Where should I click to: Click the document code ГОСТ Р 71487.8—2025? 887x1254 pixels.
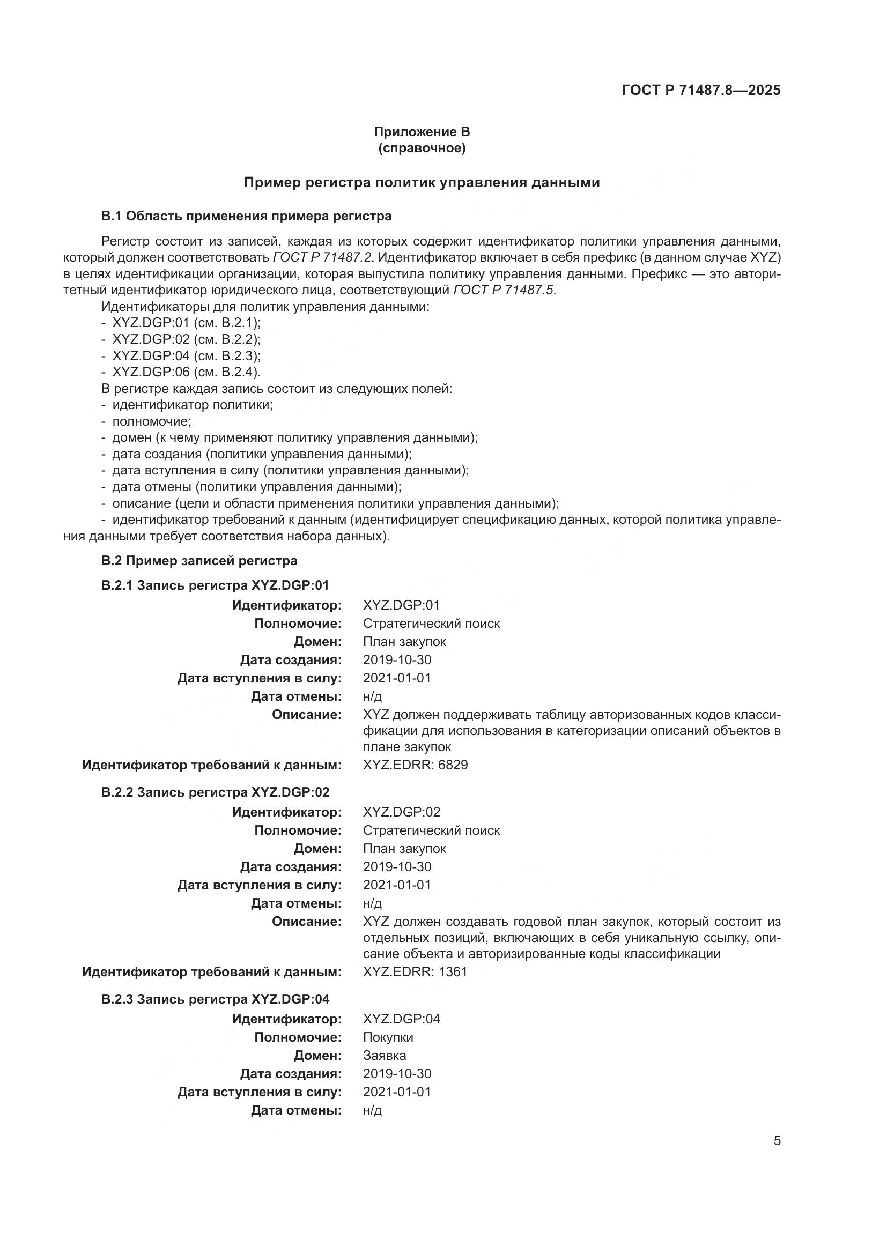pos(701,91)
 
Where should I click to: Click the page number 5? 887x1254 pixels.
pos(777,1141)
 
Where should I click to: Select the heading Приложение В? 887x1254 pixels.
pos(422,132)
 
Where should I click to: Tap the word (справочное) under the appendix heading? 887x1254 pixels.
pos(422,148)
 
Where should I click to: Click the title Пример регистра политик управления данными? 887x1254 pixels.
pos(422,182)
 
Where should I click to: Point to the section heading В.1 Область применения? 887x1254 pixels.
pos(246,216)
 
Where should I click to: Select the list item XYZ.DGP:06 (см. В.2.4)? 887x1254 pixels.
pos(186,373)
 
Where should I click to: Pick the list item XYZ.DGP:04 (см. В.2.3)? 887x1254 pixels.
pos(186,356)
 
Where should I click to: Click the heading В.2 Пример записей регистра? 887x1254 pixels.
pos(199,560)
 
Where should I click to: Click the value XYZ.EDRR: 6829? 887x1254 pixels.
pos(415,765)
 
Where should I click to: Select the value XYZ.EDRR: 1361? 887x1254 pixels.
pos(415,971)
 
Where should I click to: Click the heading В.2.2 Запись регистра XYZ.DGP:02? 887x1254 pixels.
pos(215,792)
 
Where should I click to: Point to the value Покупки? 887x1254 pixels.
pos(388,1037)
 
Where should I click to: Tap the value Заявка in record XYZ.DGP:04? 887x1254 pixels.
pos(384,1055)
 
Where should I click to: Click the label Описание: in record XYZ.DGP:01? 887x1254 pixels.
pos(306,714)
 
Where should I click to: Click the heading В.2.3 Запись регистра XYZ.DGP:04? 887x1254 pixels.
pos(215,999)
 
